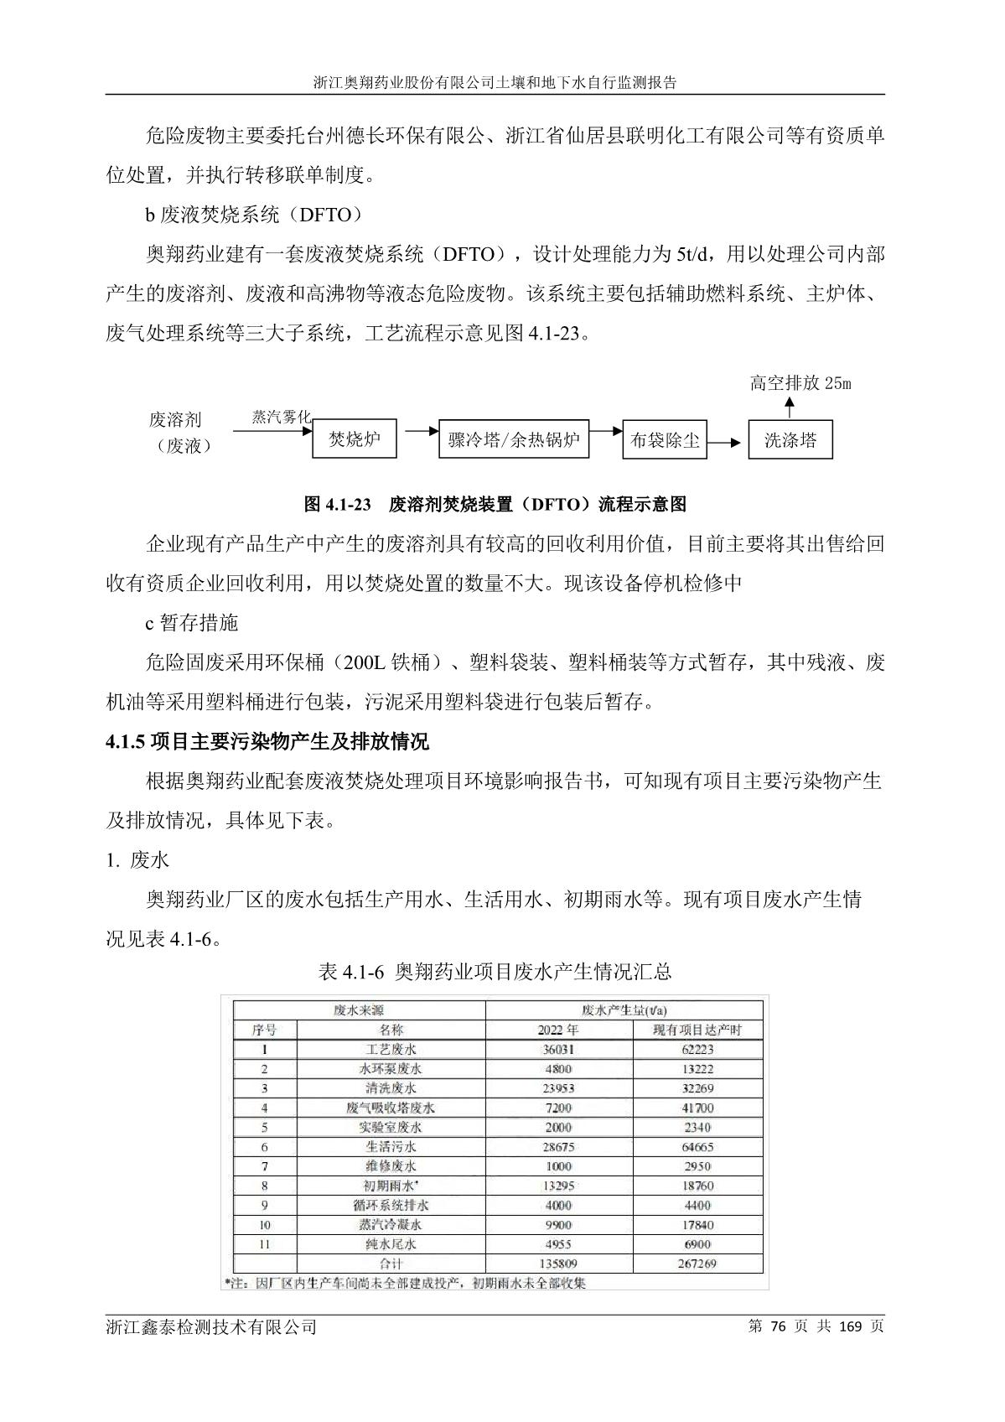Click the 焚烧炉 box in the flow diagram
pos(355,439)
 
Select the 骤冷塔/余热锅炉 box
pos(513,439)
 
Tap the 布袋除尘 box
pos(665,439)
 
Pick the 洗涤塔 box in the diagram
pos(790,439)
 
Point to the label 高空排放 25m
pos(800,384)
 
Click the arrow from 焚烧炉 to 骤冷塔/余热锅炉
pos(422,431)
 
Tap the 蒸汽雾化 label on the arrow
pos(282,417)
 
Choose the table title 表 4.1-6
pos(351,972)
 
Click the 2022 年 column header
pos(557,1030)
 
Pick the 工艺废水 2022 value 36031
pos(557,1049)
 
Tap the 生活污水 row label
pos(391,1146)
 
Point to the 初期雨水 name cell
pos(391,1186)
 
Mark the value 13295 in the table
pos(557,1186)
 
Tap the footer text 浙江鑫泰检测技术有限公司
pos(211,1326)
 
